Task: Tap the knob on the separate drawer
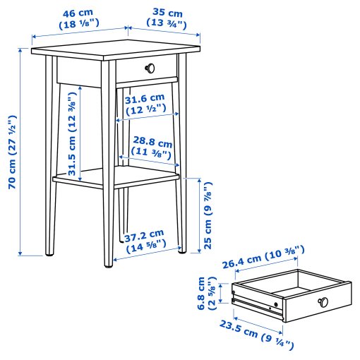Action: click(324, 301)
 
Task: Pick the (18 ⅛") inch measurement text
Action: click(78, 23)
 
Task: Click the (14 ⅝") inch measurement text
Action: click(145, 246)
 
